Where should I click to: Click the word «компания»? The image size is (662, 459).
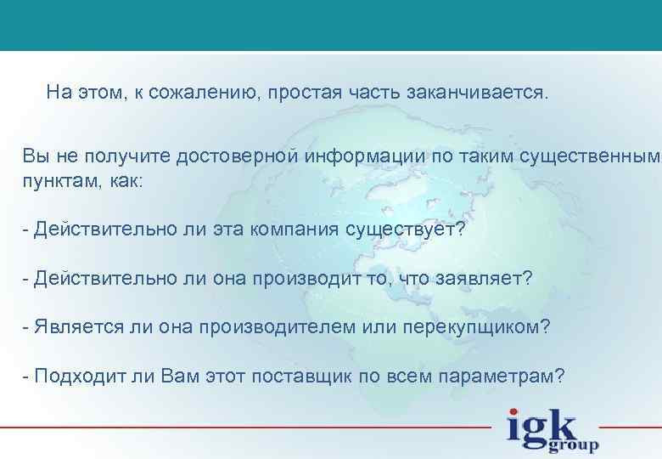pos(287,229)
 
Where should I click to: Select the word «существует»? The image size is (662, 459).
pos(406,229)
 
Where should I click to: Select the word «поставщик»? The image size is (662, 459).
pos(323,377)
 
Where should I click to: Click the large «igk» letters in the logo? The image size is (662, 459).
pos(541,425)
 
